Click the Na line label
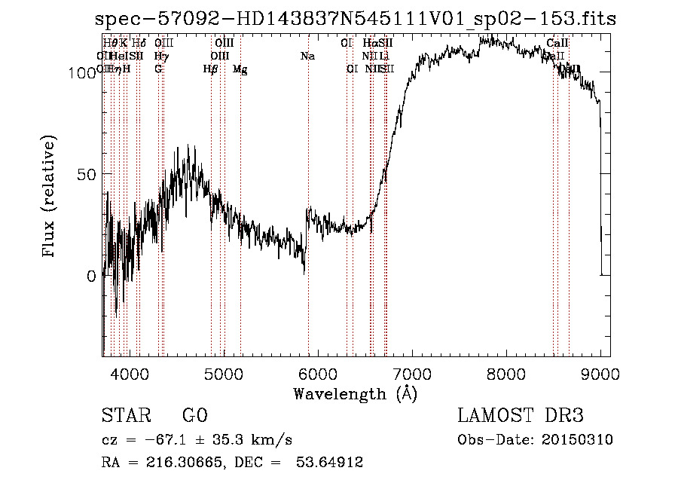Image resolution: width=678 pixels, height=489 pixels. tap(307, 56)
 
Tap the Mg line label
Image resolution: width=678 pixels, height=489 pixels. tap(240, 69)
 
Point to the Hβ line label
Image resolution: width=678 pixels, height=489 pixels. tap(210, 69)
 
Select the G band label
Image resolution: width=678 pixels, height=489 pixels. tap(158, 69)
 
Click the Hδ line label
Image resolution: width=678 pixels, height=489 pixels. tap(139, 44)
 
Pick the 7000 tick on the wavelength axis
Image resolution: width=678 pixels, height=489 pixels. tap(411, 374)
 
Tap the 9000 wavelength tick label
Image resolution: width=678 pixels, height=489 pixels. tap(600, 374)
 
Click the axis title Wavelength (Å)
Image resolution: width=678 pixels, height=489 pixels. tap(355, 393)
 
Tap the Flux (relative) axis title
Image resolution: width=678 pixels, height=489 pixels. tap(50, 197)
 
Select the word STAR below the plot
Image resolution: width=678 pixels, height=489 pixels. tap(126, 416)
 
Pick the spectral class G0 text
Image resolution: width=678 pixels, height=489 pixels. tap(194, 416)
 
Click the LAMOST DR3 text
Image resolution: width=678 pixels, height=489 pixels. tap(520, 416)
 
